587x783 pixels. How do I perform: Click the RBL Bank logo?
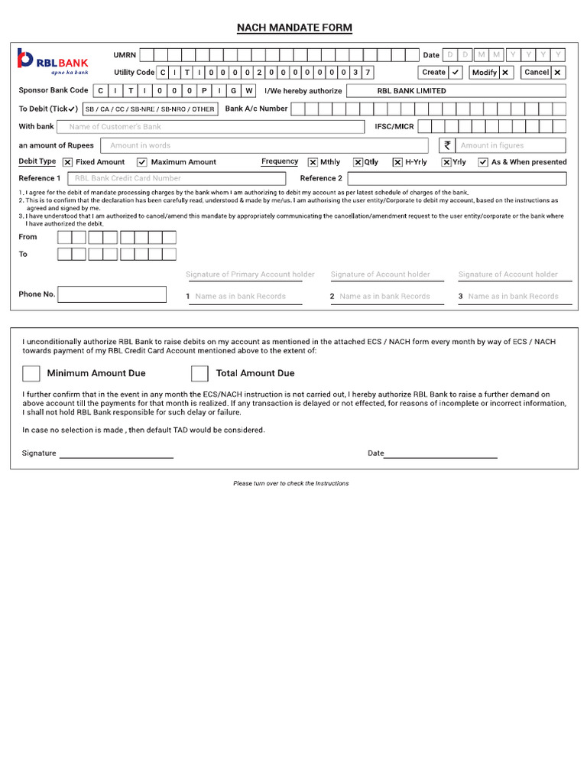click(53, 61)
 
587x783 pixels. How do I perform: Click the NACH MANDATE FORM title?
click(294, 28)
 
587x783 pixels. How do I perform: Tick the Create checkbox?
click(456, 73)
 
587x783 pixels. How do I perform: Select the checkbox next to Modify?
click(505, 73)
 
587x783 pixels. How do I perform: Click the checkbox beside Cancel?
click(558, 73)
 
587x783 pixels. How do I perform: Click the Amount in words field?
click(264, 145)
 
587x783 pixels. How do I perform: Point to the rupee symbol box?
click(447, 145)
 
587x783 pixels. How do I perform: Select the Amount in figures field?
click(511, 145)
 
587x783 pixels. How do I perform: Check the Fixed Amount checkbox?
click(68, 162)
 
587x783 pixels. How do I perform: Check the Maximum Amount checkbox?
click(142, 162)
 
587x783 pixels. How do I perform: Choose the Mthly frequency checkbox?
click(313, 162)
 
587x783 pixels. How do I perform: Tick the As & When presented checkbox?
click(483, 162)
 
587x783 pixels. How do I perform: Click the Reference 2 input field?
click(456, 178)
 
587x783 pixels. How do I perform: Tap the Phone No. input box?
click(112, 294)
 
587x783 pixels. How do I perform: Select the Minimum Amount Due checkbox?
click(31, 373)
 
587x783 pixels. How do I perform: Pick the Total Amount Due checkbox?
click(199, 373)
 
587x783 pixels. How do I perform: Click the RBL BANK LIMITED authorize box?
click(456, 91)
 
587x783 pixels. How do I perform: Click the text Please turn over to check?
click(291, 483)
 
